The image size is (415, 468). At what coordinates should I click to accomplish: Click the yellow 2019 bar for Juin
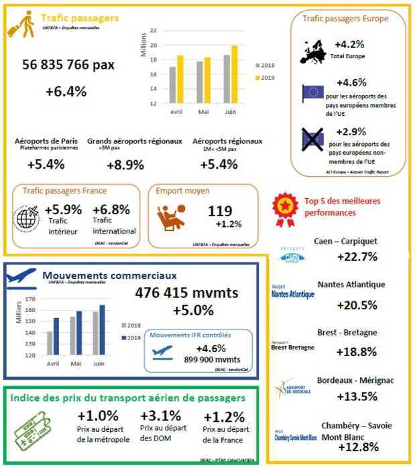tap(235, 74)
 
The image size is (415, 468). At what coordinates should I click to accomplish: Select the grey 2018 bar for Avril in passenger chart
tap(172, 85)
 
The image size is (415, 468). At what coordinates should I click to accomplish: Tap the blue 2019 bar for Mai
tap(79, 333)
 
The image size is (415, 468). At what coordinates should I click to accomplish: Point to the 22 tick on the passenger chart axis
tap(154, 31)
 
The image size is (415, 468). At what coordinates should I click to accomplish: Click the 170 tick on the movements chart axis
tap(29, 299)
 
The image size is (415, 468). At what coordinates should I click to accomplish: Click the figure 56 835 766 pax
tap(68, 65)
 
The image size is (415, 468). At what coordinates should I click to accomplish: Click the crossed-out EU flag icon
tap(312, 139)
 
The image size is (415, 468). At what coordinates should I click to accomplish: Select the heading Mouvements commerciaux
tap(109, 275)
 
